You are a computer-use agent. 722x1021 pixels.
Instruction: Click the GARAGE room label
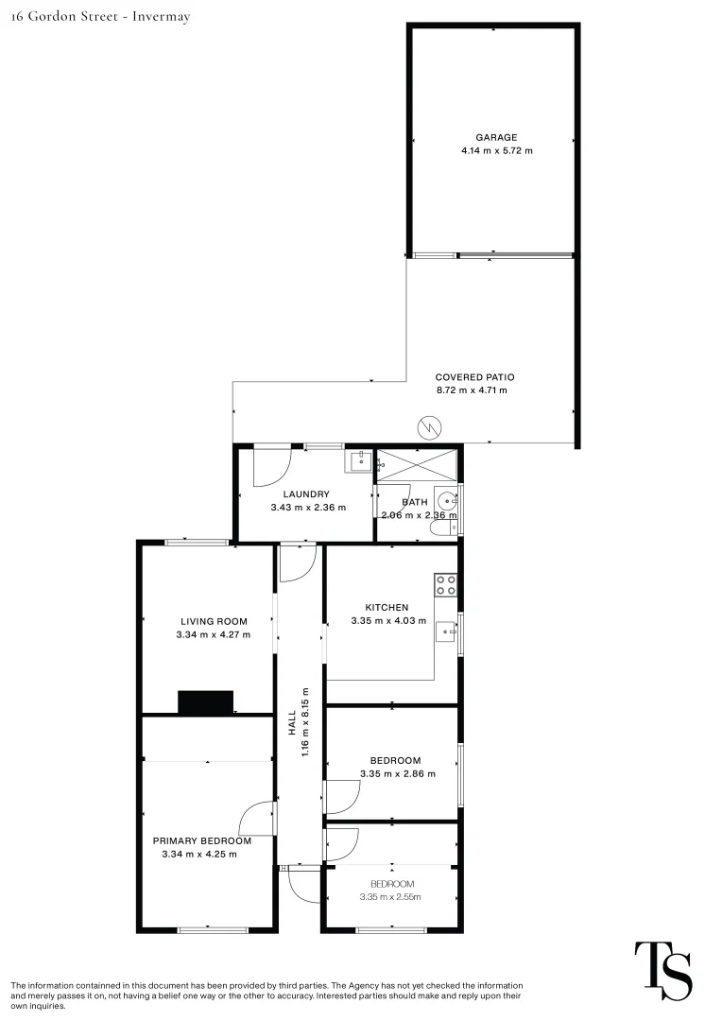pos(496,137)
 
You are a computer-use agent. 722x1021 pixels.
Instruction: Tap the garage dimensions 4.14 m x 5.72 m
pos(496,150)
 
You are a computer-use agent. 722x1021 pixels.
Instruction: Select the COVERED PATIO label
pos(474,376)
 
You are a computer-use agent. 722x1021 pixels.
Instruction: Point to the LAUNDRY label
pos(306,493)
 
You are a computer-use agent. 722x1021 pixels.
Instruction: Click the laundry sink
pos(360,462)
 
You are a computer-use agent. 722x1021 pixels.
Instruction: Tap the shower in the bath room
pos(418,464)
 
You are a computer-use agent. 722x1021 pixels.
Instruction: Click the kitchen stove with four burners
pos(446,585)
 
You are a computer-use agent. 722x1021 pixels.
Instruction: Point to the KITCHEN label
pos(387,607)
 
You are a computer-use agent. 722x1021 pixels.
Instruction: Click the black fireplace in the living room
pos(206,702)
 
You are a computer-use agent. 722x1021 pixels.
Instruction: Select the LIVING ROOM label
pos(214,621)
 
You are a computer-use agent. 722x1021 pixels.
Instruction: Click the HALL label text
pos(294,725)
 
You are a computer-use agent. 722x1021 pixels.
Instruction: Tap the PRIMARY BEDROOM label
pos(202,840)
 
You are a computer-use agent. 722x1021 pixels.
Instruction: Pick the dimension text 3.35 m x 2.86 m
pos(398,773)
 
